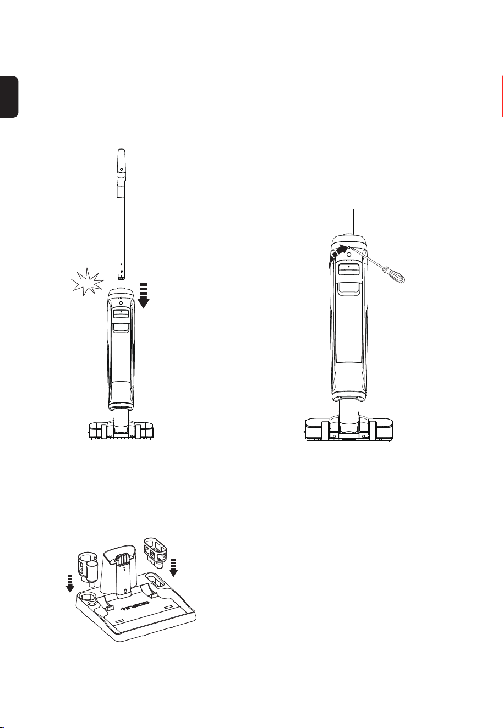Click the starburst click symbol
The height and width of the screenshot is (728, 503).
click(87, 282)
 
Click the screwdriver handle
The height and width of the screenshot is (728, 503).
click(395, 274)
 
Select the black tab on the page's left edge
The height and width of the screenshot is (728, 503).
click(9, 97)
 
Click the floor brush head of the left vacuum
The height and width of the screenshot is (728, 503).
click(121, 431)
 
